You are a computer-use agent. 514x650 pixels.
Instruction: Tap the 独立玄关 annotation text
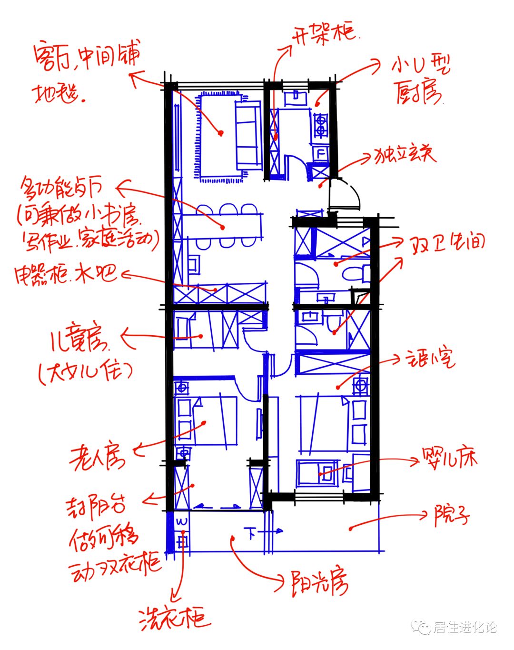pyautogui.click(x=404, y=155)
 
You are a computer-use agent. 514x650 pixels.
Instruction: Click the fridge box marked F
pyautogui.click(x=320, y=153)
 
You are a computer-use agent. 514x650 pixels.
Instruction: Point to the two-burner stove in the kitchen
pyautogui.click(x=320, y=124)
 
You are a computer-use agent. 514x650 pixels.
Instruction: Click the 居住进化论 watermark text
pyautogui.click(x=464, y=627)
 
